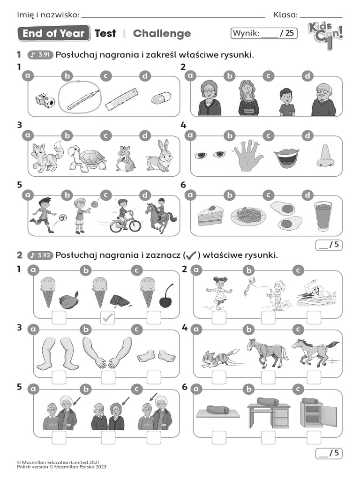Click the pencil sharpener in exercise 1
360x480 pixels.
(x=45, y=99)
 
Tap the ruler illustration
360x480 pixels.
(x=121, y=99)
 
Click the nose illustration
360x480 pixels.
(x=324, y=157)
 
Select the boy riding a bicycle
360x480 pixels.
(x=124, y=216)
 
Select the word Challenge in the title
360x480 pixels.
(x=162, y=34)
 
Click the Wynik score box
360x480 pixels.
(x=264, y=33)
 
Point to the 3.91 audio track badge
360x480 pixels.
(x=41, y=55)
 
